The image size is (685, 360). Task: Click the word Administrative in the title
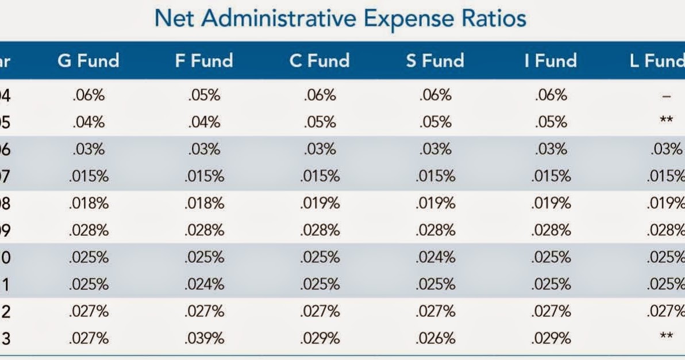click(293, 18)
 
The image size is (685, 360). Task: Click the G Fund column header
click(88, 61)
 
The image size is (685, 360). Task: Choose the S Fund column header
click(434, 61)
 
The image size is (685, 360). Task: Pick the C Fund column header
click(320, 61)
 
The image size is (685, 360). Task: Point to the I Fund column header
click(550, 61)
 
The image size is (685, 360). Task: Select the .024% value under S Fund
click(435, 258)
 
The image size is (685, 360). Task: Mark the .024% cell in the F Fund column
click(204, 285)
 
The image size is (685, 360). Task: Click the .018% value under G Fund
click(88, 204)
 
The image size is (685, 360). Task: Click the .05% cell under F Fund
click(204, 95)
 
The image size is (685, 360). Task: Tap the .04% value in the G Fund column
click(88, 122)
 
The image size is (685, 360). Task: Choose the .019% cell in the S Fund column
click(435, 204)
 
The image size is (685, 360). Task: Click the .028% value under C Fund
click(320, 231)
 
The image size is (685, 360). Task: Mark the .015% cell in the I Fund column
click(551, 177)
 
